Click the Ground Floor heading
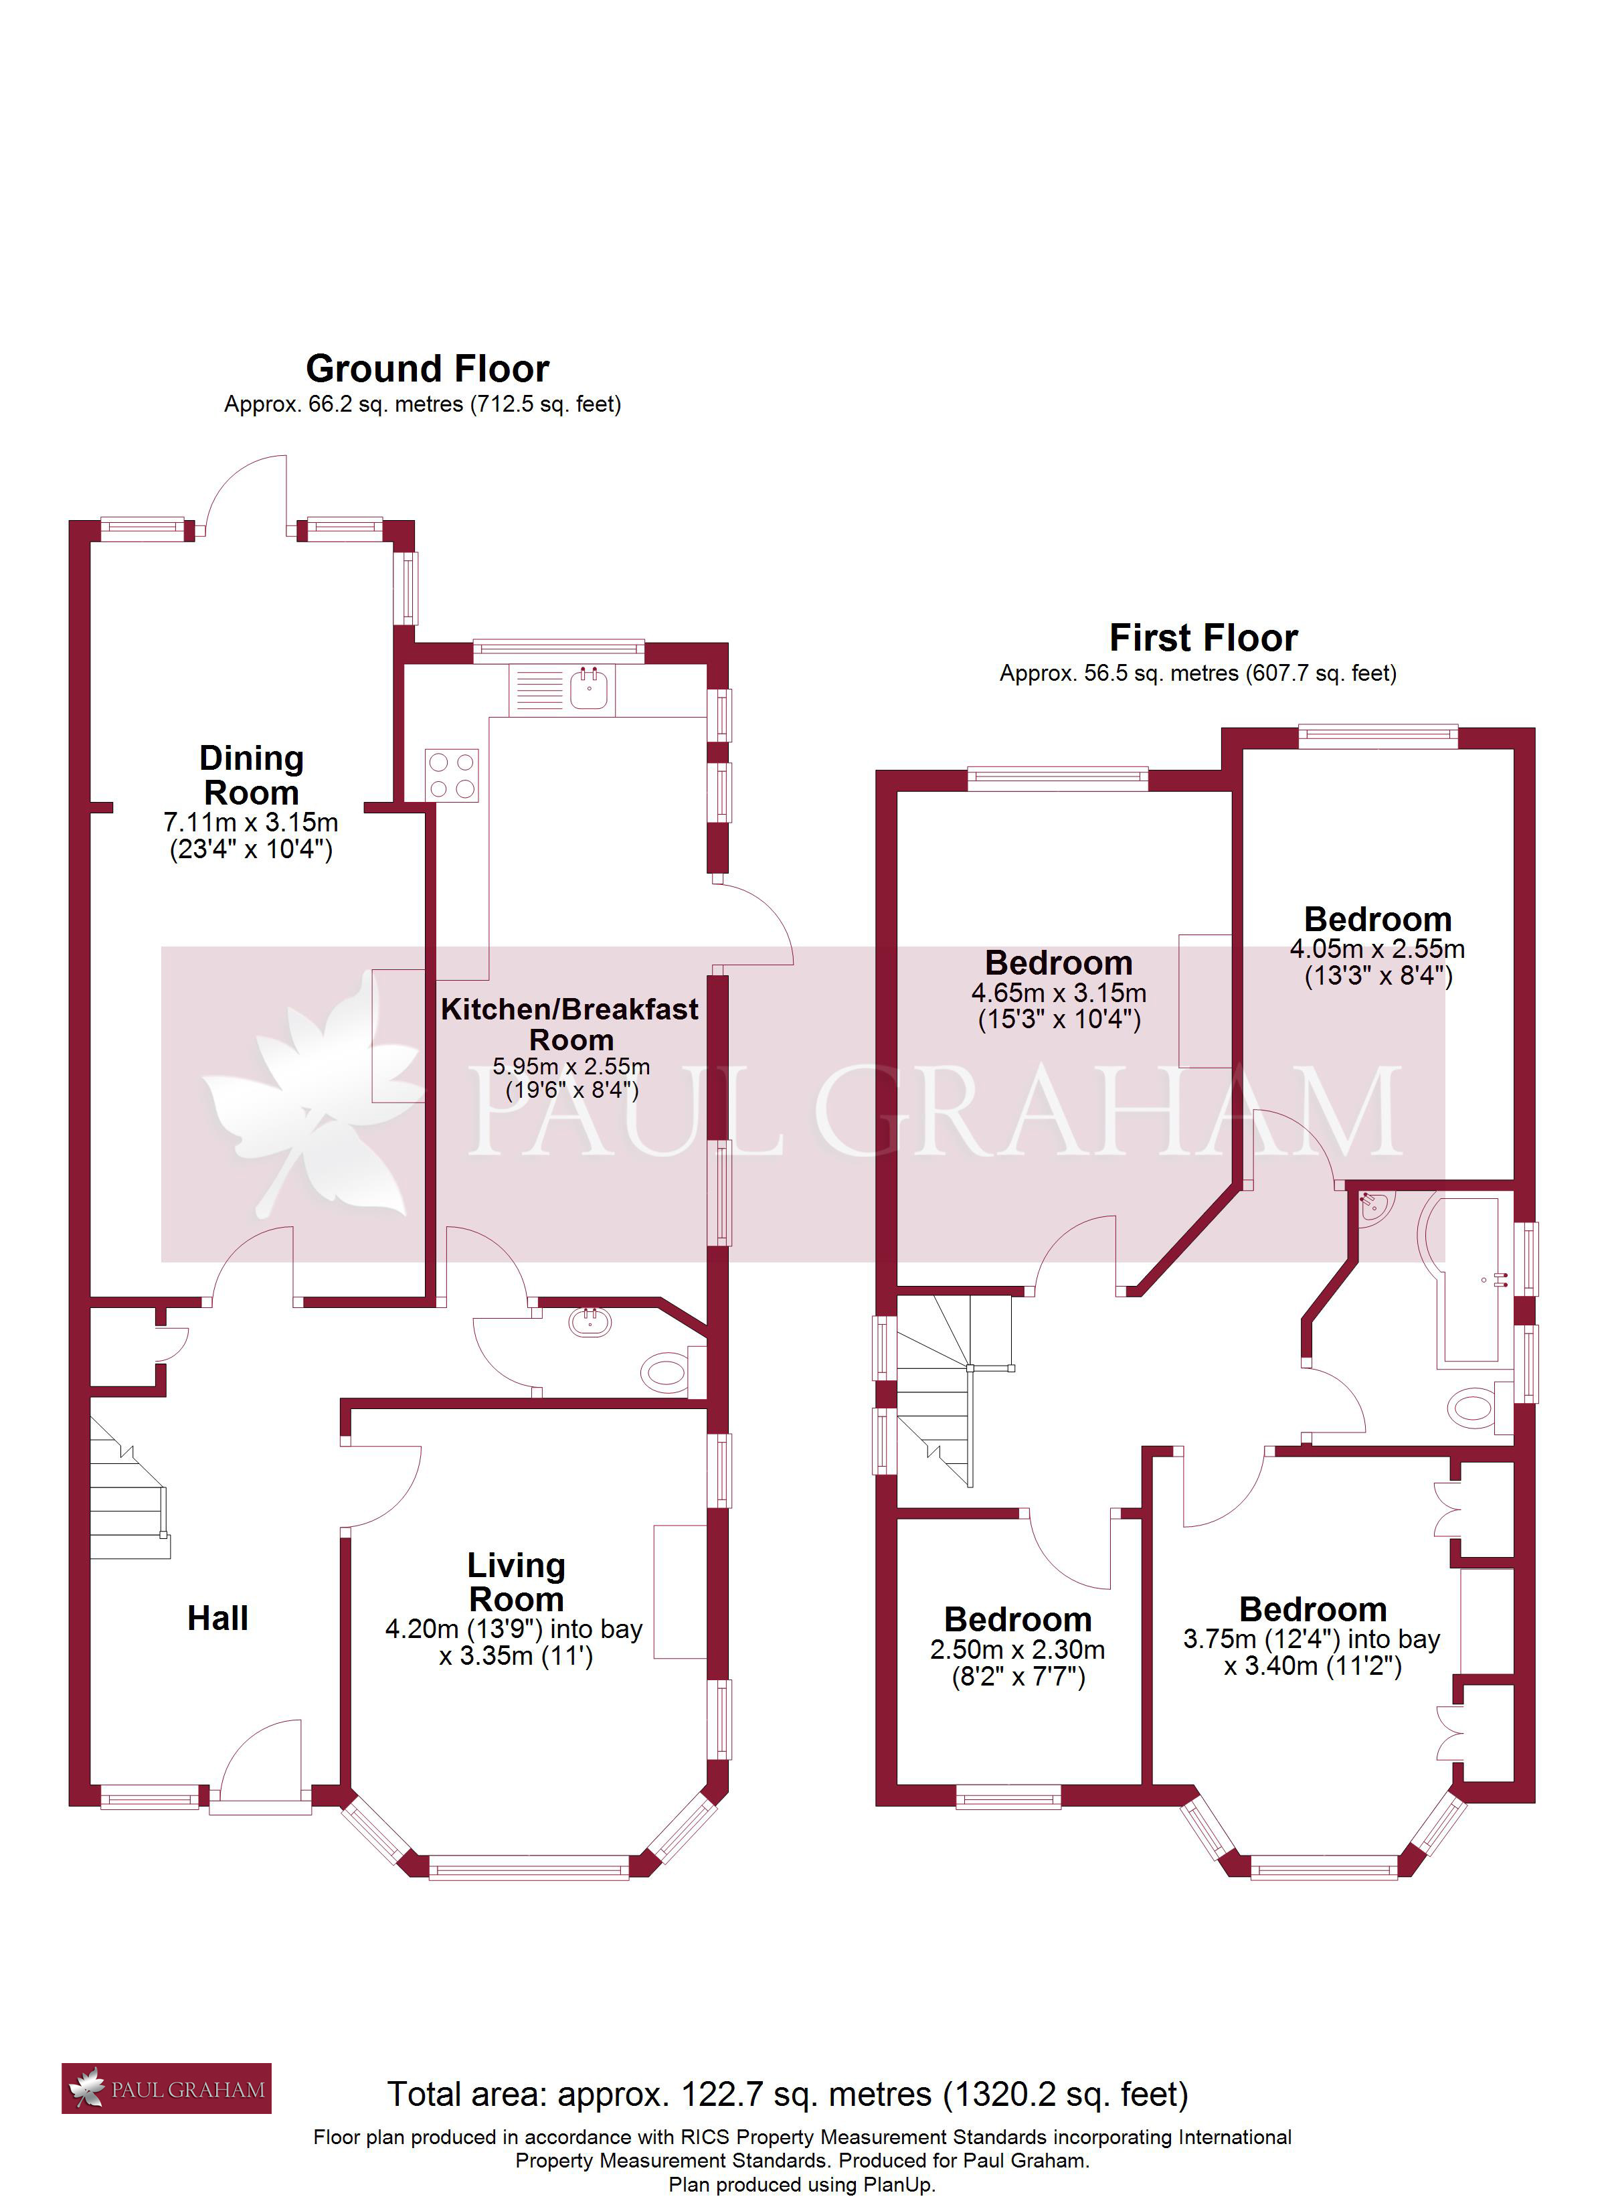click(x=428, y=369)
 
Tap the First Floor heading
click(x=1204, y=638)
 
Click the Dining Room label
click(x=252, y=775)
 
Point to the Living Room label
click(x=516, y=1582)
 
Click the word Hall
click(x=218, y=1618)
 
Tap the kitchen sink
click(x=561, y=689)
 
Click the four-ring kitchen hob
click(x=452, y=775)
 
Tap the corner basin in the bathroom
click(x=1374, y=1207)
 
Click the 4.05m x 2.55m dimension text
click(x=1377, y=949)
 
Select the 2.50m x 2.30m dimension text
click(x=1018, y=1650)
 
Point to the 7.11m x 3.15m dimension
click(x=252, y=822)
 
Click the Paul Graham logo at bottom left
click(x=167, y=2089)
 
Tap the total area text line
click(x=788, y=2094)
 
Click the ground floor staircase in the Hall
click(x=130, y=1487)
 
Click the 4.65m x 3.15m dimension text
click(x=1059, y=993)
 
